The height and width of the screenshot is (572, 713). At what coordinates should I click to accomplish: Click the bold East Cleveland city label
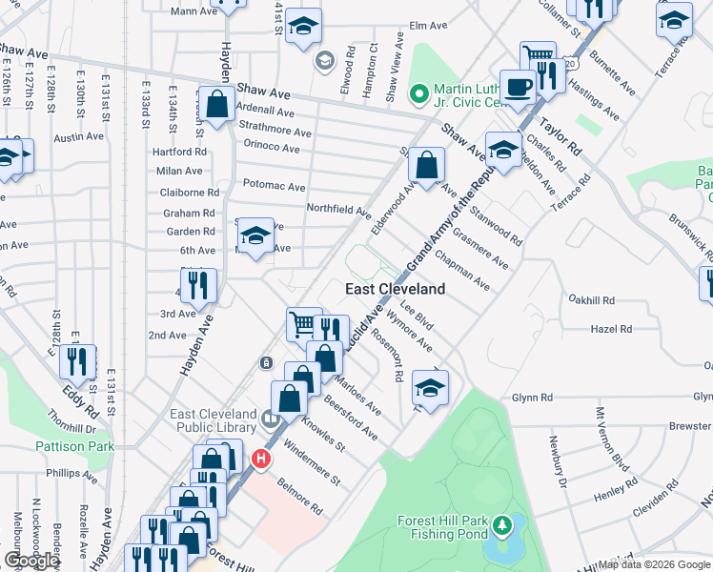coord(395,289)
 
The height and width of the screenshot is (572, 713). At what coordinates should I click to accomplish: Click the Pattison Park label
coord(74,445)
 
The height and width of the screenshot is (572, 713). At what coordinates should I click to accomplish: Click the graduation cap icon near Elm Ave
coord(303,26)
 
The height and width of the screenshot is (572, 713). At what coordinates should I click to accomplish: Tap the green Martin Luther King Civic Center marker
coord(418,93)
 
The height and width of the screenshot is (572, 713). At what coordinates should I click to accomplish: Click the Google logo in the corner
coord(31,561)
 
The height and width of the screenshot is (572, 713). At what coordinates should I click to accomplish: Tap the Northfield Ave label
coord(337,209)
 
